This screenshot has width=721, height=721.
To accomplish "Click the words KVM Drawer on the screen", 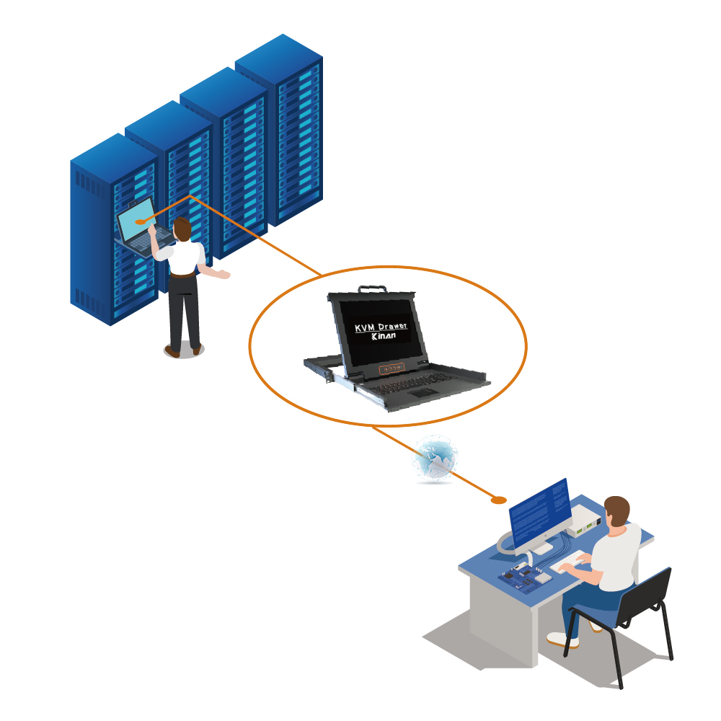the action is (x=381, y=327).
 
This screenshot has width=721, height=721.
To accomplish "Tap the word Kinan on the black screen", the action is (x=384, y=336).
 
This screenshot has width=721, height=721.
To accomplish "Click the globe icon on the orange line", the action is (x=435, y=459).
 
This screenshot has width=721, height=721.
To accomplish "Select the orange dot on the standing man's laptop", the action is (x=141, y=222).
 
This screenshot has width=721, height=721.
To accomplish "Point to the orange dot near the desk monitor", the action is (x=499, y=500).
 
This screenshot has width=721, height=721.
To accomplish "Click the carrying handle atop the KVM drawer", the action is (x=373, y=289).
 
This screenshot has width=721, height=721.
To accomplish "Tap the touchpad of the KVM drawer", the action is (x=423, y=393).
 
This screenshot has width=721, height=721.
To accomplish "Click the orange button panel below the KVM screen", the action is (x=392, y=368).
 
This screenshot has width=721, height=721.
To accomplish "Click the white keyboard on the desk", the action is (x=568, y=562).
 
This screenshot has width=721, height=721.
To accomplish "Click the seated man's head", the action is (x=616, y=511).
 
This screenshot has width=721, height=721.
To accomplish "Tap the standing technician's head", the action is (x=182, y=229).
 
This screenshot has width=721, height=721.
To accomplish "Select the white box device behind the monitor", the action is (x=584, y=521).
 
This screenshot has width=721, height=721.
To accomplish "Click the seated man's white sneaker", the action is (x=562, y=640).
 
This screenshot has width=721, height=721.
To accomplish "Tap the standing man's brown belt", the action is (x=182, y=275).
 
